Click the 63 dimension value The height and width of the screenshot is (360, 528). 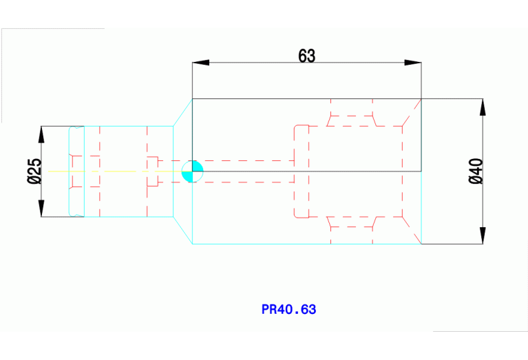pyautogui.click(x=307, y=56)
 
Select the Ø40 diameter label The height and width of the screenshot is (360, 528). pyautogui.click(x=476, y=171)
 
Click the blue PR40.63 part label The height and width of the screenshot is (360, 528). pyautogui.click(x=289, y=310)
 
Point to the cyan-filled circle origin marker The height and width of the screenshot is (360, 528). pyautogui.click(x=193, y=171)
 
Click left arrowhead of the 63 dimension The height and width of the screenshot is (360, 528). pyautogui.click(x=200, y=63)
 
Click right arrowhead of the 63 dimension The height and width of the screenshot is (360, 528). pyautogui.click(x=413, y=63)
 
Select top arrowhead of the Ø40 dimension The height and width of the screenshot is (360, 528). pyautogui.click(x=483, y=107)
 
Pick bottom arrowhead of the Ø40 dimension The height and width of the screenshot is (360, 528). pyautogui.click(x=483, y=235)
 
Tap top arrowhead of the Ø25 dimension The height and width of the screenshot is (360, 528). pyautogui.click(x=41, y=134)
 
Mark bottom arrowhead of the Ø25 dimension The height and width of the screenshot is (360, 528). pyautogui.click(x=41, y=209)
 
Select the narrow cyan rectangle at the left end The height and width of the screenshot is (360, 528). pyautogui.click(x=76, y=171)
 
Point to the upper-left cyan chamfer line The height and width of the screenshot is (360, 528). pyautogui.click(x=182, y=112)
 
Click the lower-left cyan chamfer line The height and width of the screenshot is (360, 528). pyautogui.click(x=182, y=230)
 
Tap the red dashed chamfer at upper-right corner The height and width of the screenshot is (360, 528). pyautogui.click(x=412, y=112)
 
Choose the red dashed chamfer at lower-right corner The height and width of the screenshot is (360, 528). pyautogui.click(x=412, y=229)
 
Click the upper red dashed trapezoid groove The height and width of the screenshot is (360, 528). pyautogui.click(x=352, y=120)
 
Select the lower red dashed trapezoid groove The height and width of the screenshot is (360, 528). pyautogui.click(x=352, y=222)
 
